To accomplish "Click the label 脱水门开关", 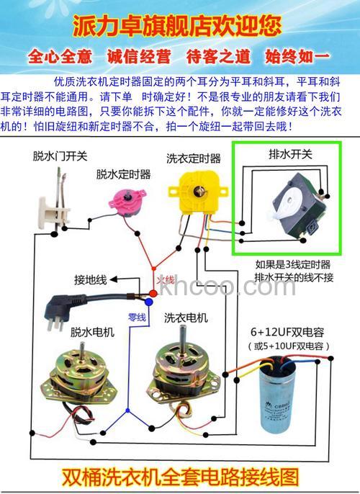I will [x=59, y=156].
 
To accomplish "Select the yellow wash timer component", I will [x=193, y=189].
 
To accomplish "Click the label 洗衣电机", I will [x=186, y=318].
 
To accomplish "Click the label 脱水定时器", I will [x=123, y=174].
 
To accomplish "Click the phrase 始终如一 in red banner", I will [x=297, y=56].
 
